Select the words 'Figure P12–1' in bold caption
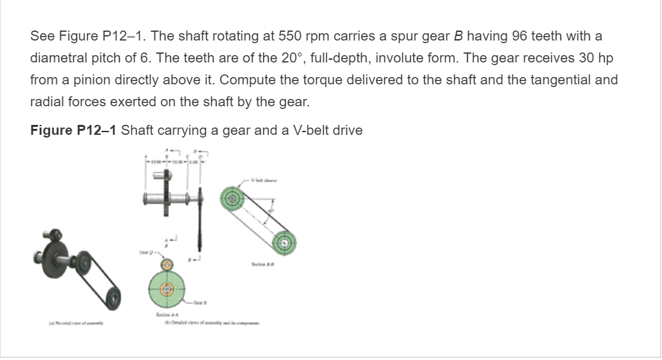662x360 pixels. point(74,130)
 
